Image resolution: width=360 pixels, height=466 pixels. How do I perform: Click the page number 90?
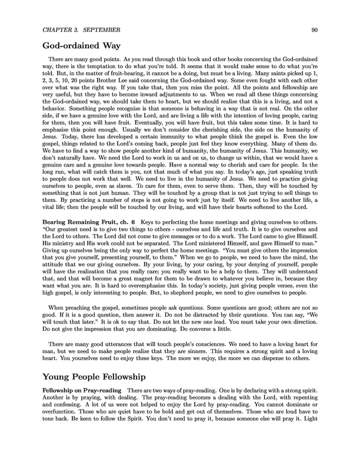click(315, 29)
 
